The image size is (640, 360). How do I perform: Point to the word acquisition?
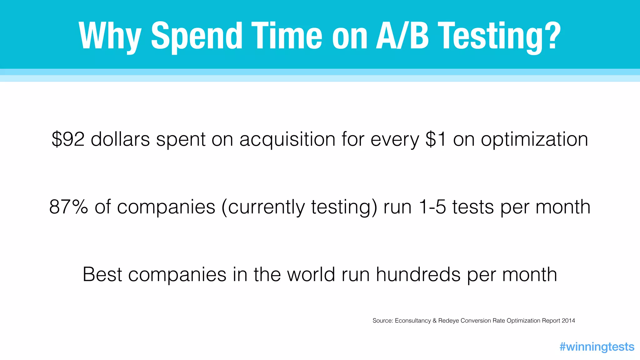(x=287, y=140)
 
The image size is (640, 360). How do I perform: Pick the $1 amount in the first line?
(x=436, y=139)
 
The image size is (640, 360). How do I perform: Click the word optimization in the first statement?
(x=534, y=140)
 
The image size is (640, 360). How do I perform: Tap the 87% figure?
(x=68, y=207)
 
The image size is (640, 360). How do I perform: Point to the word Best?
(x=102, y=274)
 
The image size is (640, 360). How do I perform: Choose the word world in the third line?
(x=311, y=274)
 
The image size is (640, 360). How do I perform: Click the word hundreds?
(x=418, y=274)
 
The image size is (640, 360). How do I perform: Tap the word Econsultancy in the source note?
(x=413, y=321)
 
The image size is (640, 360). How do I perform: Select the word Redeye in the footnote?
(x=449, y=321)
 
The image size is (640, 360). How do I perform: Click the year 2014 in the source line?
(x=568, y=321)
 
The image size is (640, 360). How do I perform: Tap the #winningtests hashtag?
(x=597, y=347)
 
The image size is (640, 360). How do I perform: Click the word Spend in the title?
(x=197, y=36)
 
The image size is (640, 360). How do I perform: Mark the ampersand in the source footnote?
(x=434, y=321)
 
